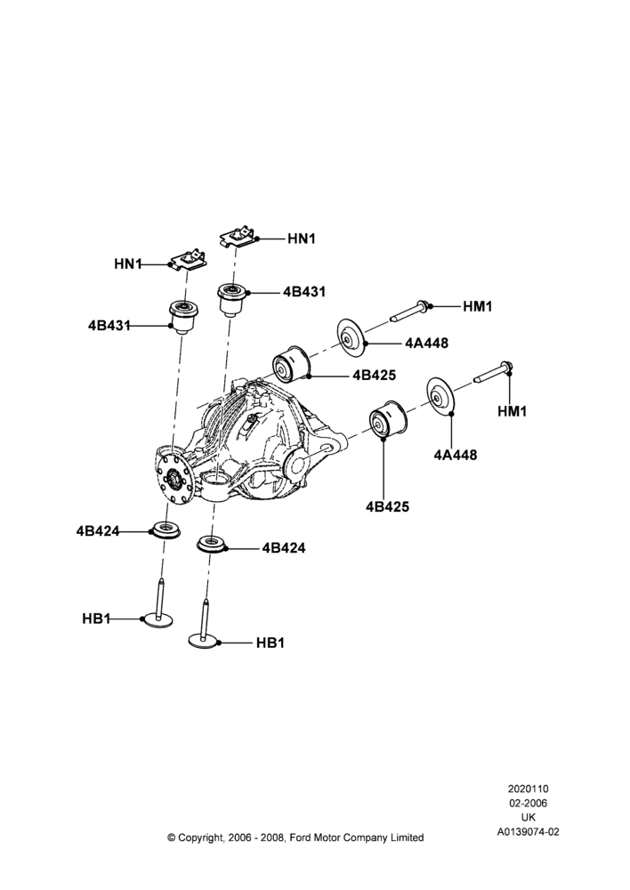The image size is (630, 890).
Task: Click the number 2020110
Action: [528, 789]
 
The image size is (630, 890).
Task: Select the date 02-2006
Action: [528, 803]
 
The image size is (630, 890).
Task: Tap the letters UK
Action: [529, 817]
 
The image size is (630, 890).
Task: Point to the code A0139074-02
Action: [529, 832]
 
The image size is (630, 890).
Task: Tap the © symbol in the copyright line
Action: [172, 837]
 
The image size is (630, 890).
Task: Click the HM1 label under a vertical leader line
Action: [512, 411]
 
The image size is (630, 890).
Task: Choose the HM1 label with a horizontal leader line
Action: [477, 306]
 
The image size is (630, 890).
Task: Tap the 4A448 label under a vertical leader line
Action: [456, 455]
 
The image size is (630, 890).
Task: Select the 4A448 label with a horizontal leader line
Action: [427, 343]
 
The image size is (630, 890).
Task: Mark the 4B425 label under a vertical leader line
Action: [388, 506]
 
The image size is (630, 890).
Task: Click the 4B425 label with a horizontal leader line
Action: [375, 375]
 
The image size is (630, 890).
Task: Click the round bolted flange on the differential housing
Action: [174, 473]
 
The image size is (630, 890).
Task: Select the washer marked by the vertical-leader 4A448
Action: [440, 395]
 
